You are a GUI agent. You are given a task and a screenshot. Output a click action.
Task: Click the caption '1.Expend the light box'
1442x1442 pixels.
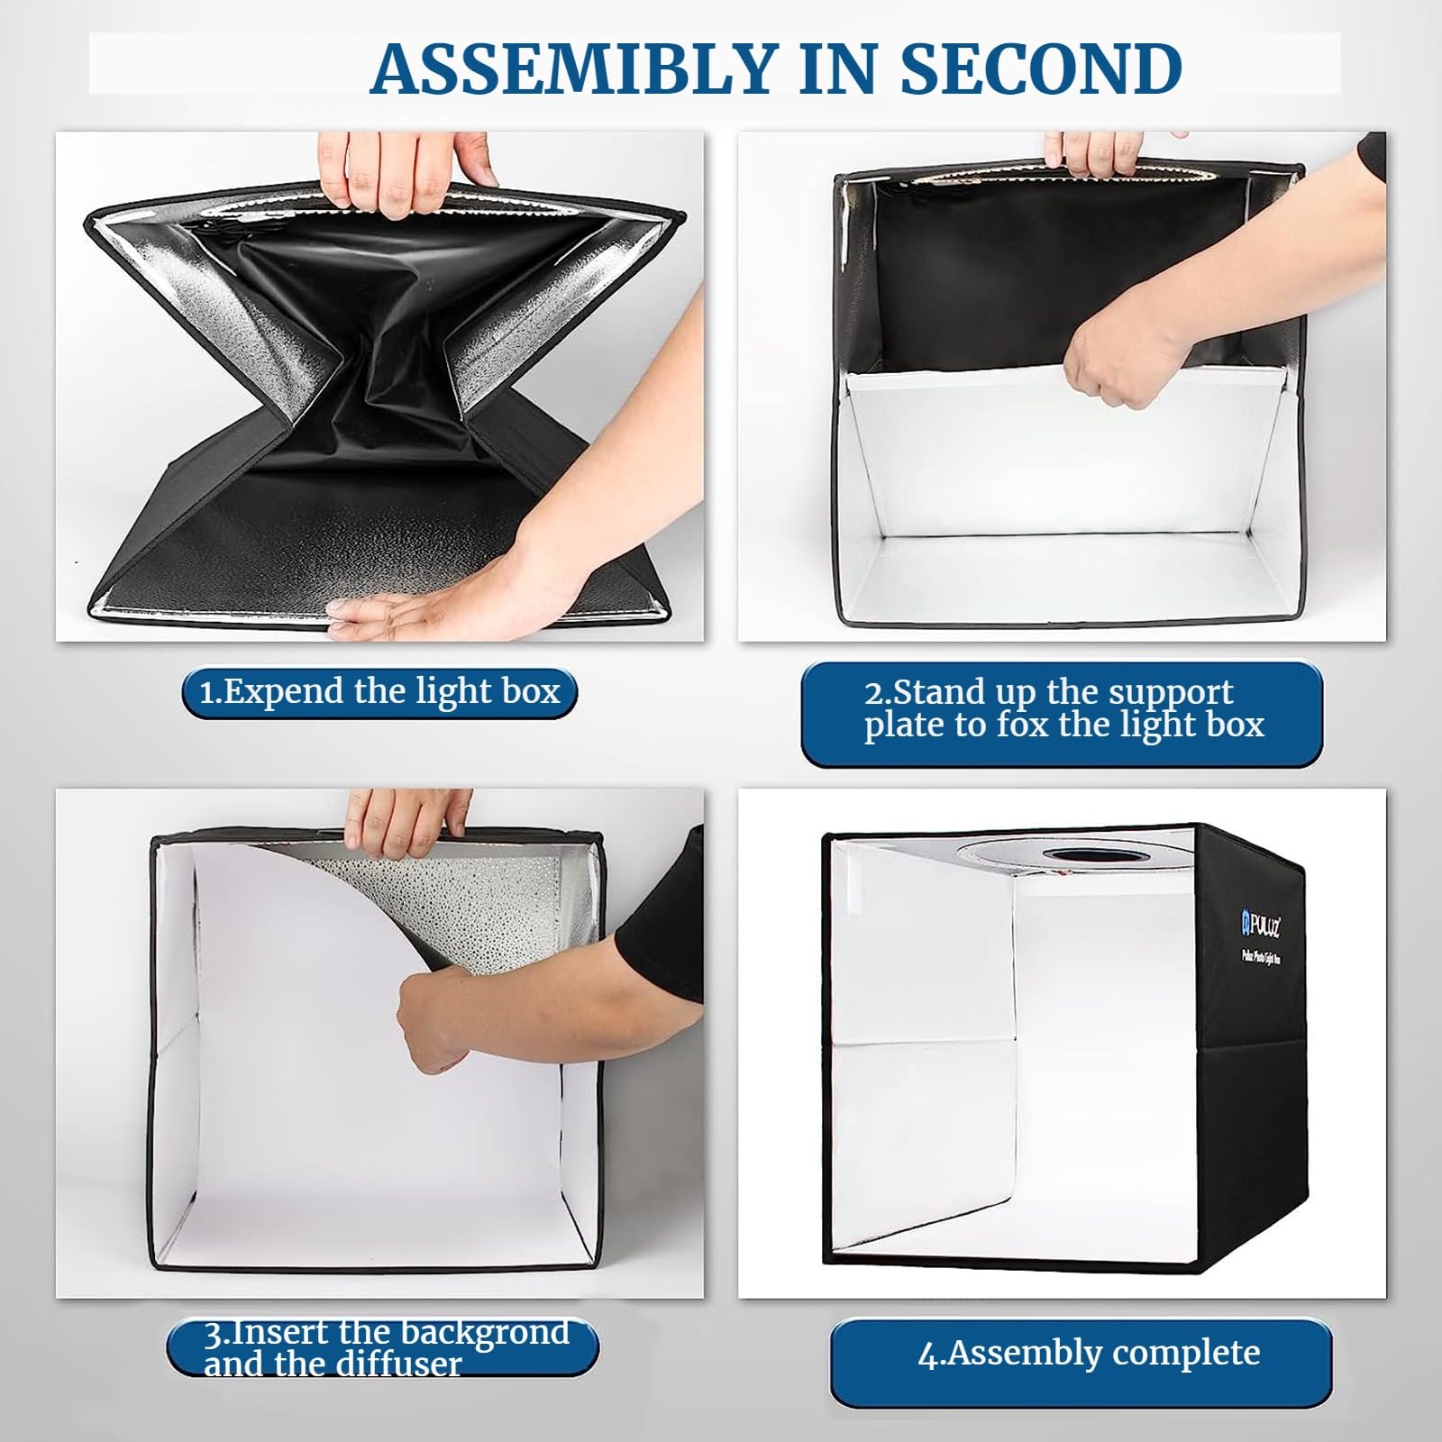pyautogui.click(x=379, y=692)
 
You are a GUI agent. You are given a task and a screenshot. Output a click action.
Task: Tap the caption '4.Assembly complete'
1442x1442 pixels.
pyautogui.click(x=1089, y=1353)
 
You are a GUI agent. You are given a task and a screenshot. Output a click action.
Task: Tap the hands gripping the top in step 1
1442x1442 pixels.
pyautogui.click(x=406, y=176)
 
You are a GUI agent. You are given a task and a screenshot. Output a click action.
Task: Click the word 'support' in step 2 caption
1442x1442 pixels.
pyautogui.click(x=1171, y=692)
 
